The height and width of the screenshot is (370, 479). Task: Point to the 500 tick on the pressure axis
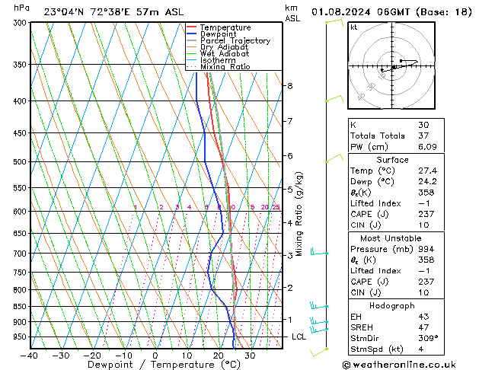coord(20,162)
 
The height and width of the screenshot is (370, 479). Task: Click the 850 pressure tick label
coord(20,306)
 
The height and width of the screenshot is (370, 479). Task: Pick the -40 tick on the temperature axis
coord(29,355)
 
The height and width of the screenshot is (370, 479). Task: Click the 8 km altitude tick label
coord(289,86)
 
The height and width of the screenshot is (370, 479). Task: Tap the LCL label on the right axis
coord(299,337)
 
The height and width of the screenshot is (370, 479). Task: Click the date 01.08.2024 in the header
coord(343,12)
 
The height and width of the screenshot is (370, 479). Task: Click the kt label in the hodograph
coord(353,27)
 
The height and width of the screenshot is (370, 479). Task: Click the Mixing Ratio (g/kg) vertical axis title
coord(299,214)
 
